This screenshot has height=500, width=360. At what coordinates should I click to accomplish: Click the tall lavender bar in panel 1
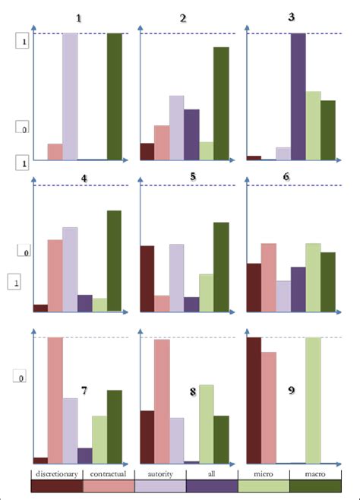coord(70,97)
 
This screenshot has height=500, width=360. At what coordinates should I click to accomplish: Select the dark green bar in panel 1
coord(114,97)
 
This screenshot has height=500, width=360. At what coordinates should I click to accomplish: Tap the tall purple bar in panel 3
coord(298,97)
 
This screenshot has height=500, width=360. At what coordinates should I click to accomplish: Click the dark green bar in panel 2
coord(221,103)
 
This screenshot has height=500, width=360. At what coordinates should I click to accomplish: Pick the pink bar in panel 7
coord(55,400)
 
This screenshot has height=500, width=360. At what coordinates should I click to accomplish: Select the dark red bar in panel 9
coord(254,400)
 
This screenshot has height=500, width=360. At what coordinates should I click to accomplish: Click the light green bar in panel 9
coord(313,400)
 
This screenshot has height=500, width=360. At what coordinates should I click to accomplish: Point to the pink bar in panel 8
coord(162,401)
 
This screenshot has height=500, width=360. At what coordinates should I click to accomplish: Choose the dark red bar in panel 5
coord(147,279)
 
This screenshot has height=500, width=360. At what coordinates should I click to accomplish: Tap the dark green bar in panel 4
coord(114,261)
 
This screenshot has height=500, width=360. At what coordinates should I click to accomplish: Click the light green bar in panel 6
coord(313,277)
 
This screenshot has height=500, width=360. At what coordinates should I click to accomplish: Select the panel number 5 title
coord(193,176)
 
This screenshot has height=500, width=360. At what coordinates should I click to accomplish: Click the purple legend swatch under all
coord(212,486)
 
